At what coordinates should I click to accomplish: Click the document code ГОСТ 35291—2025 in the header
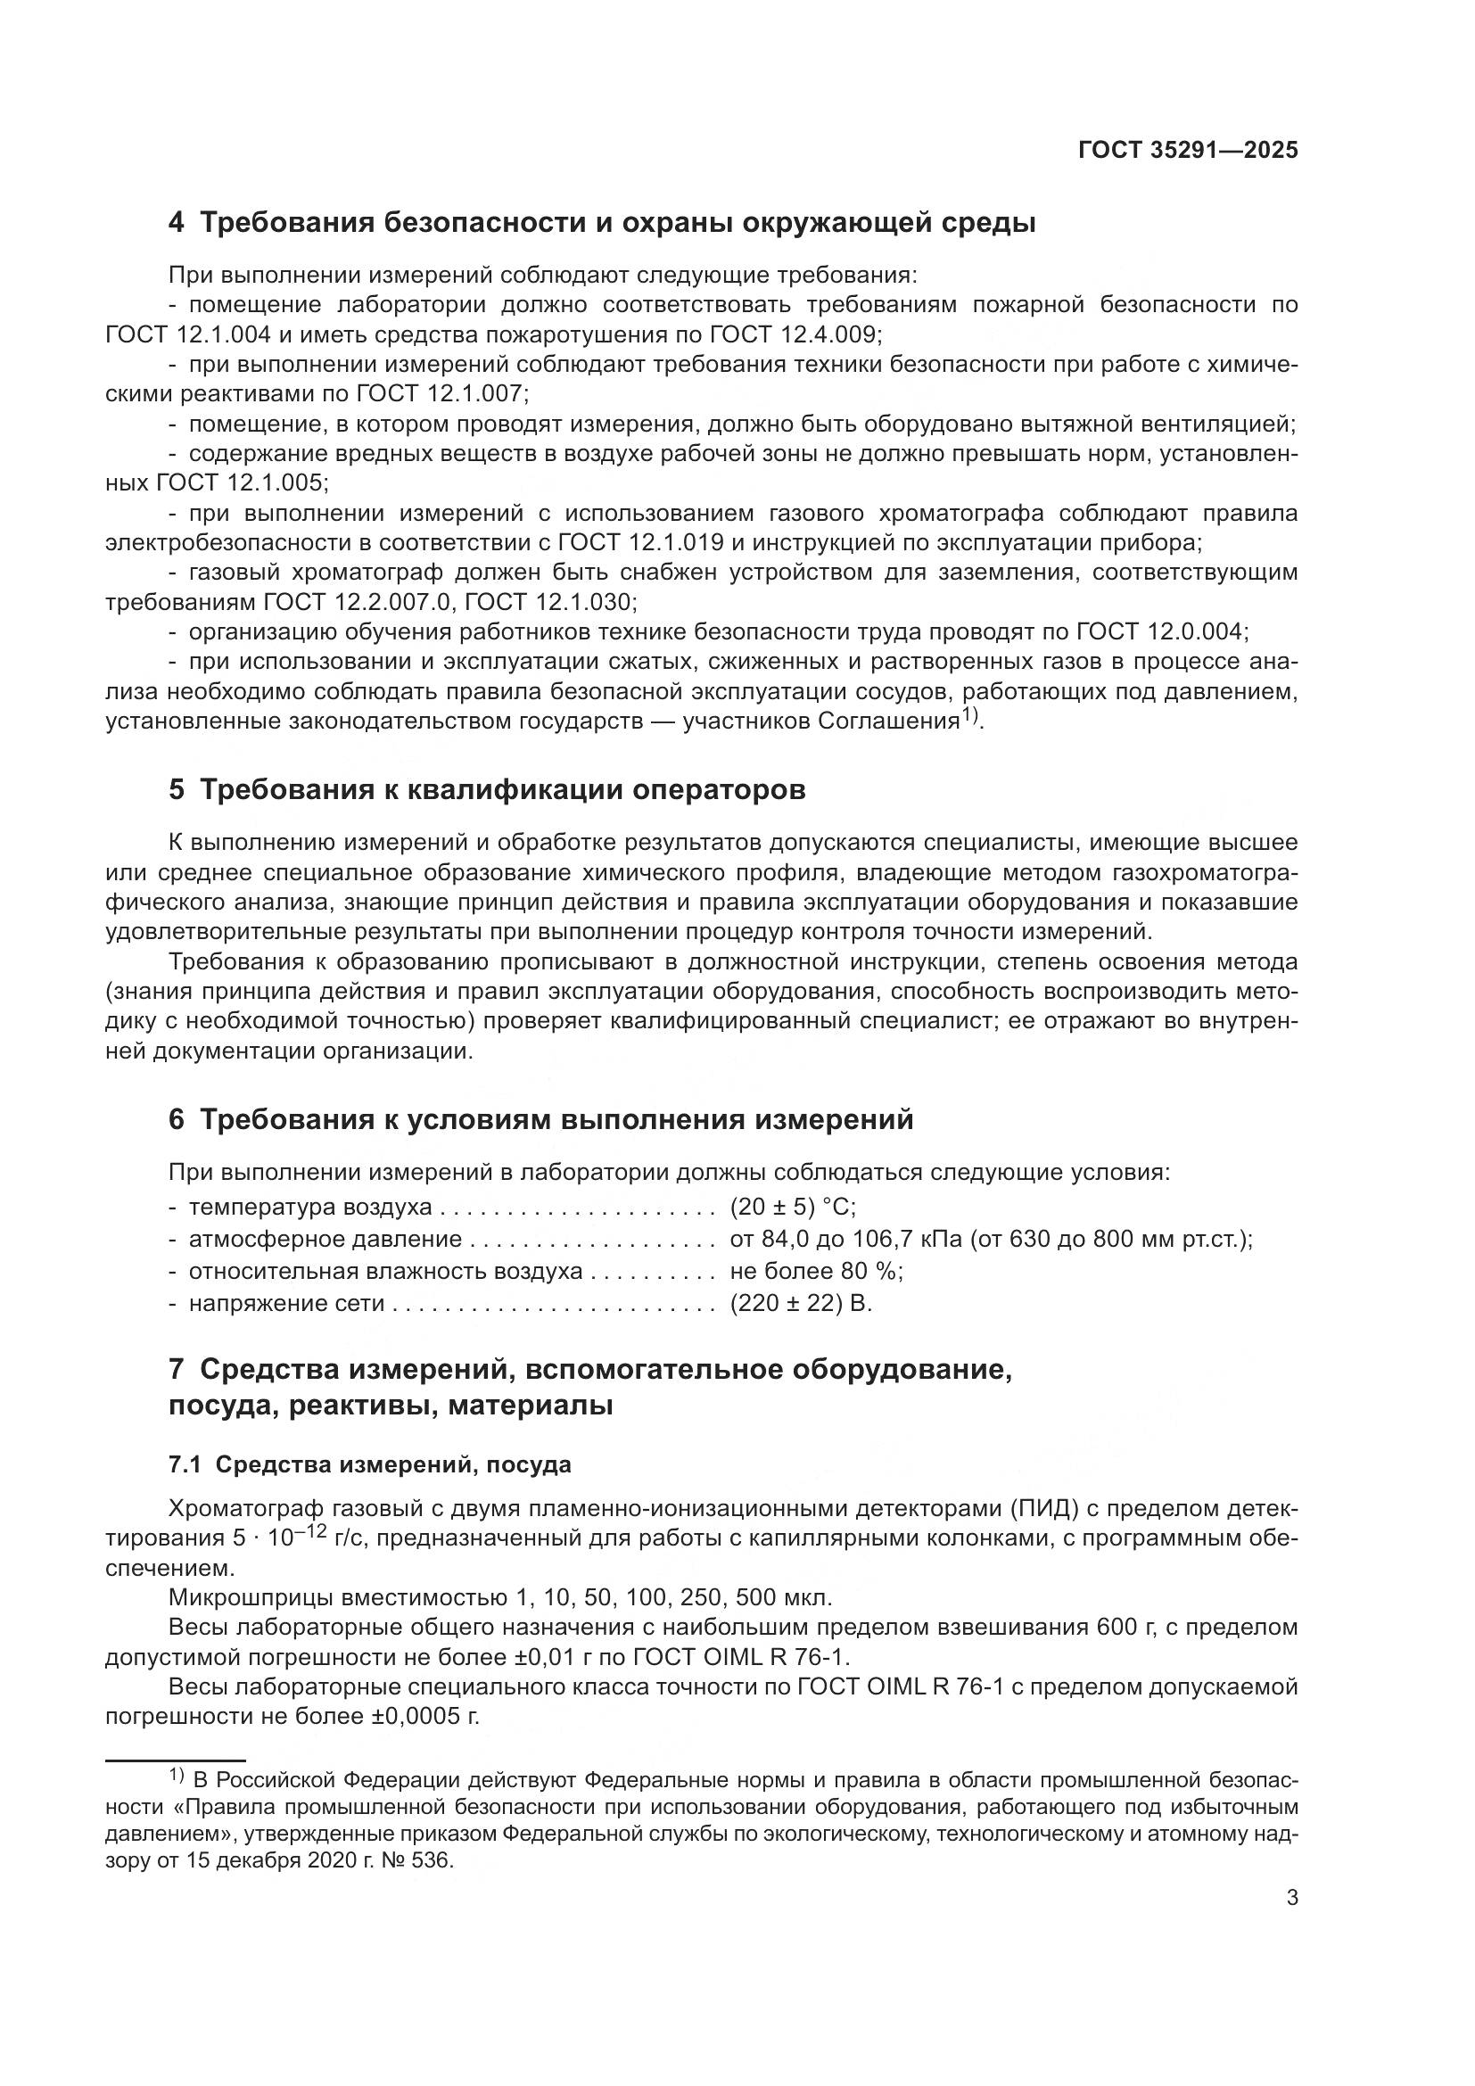pos(1188,150)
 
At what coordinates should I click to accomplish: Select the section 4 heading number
pos(177,223)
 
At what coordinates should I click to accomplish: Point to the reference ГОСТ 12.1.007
pos(441,393)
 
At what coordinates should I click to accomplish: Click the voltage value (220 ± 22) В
pos(800,1303)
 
